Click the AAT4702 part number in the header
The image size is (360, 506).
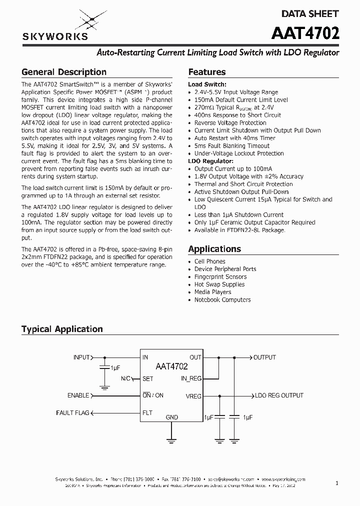(x=305, y=33)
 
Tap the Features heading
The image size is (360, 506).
(x=206, y=72)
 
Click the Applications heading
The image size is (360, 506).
(x=214, y=249)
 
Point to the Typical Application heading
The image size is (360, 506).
(x=62, y=329)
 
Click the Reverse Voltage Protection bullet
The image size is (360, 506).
(x=230, y=123)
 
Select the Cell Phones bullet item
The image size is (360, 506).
(x=209, y=261)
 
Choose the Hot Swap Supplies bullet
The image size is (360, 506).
(x=219, y=284)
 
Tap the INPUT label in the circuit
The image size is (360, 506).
(x=81, y=357)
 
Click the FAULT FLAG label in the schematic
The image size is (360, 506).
(x=72, y=413)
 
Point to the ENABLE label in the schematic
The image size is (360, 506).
(x=78, y=395)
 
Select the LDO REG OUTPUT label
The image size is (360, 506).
(x=278, y=395)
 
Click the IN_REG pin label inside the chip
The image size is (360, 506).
(x=191, y=378)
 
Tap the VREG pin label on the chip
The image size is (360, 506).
(x=193, y=396)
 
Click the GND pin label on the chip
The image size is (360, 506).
(x=171, y=417)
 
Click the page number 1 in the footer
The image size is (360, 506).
(x=337, y=483)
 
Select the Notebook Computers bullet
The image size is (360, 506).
(x=222, y=300)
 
